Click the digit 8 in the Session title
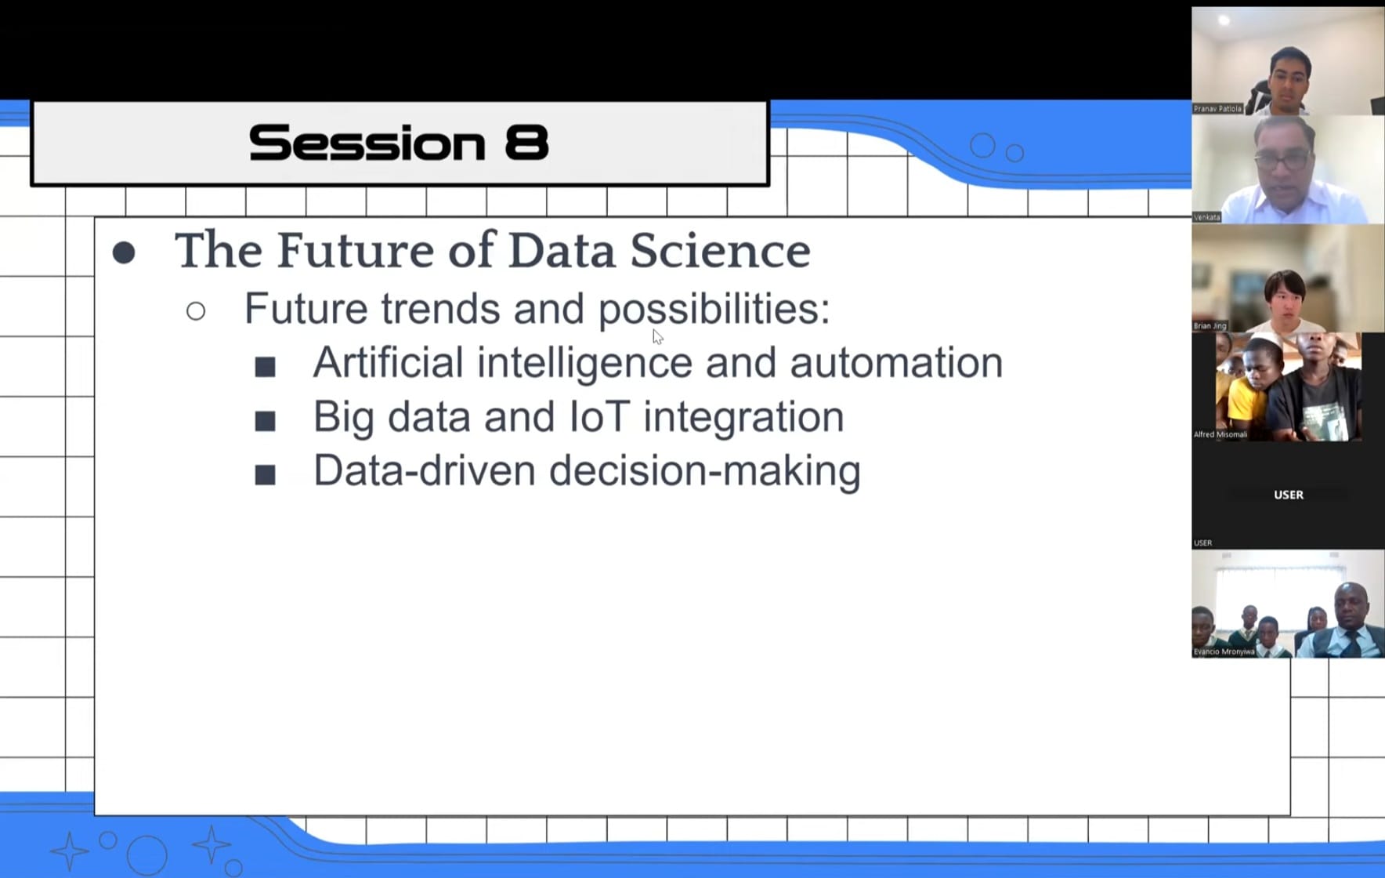tap(527, 143)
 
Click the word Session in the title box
tap(367, 143)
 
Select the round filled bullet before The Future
tap(124, 252)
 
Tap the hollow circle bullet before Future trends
tap(196, 311)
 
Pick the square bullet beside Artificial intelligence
tap(266, 367)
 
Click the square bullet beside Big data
tap(266, 421)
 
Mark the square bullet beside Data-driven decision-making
tap(266, 474)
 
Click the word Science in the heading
tap(720, 251)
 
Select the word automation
tap(896, 363)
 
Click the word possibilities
tap(714, 310)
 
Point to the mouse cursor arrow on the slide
tap(657, 336)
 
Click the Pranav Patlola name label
tap(1217, 109)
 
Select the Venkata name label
tap(1206, 217)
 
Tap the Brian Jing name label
tap(1210, 325)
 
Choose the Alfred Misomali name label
tap(1220, 434)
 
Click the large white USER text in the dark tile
tap(1289, 495)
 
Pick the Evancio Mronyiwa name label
tap(1224, 651)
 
